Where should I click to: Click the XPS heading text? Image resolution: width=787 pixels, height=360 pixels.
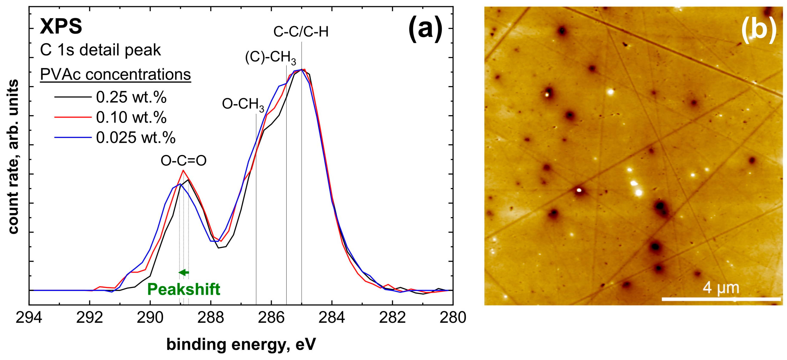[x=61, y=27]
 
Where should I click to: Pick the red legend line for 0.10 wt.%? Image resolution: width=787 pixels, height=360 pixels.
[x=73, y=117]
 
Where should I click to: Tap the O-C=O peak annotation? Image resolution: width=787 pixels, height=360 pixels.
[x=184, y=161]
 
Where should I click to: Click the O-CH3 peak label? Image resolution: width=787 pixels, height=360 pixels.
[x=243, y=105]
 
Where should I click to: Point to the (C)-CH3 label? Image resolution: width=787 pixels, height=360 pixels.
[x=270, y=58]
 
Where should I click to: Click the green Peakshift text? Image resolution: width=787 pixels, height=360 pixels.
[x=184, y=289]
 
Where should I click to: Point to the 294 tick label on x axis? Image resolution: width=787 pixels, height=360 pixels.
[x=29, y=318]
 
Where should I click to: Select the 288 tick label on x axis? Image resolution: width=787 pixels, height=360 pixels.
[x=211, y=318]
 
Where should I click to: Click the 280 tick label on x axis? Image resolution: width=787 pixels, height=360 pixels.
[x=453, y=318]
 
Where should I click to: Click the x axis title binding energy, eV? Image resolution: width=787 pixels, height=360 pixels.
[x=241, y=345]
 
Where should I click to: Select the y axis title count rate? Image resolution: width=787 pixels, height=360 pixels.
[x=13, y=157]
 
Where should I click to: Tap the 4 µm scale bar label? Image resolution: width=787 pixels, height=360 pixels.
[x=721, y=287]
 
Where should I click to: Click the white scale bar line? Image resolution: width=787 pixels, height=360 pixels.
[x=721, y=299]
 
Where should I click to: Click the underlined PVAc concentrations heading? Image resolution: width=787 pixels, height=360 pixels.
[x=116, y=75]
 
